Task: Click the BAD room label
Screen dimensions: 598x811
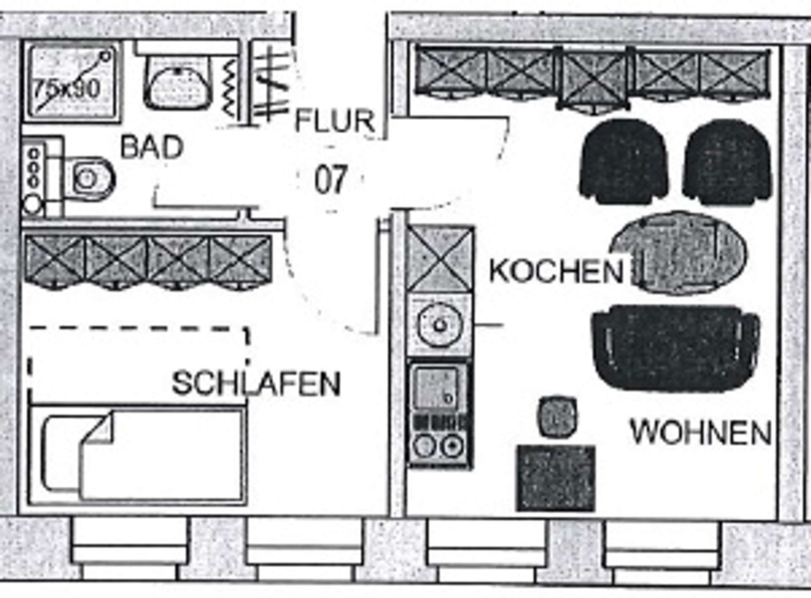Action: [x=152, y=147]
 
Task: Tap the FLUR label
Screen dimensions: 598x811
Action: [x=334, y=120]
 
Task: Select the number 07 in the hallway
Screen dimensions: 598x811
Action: [x=331, y=179]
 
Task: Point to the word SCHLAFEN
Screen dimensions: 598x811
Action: [x=257, y=384]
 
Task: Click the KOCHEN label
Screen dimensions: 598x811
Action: [x=556, y=270]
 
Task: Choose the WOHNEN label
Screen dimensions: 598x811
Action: [x=700, y=432]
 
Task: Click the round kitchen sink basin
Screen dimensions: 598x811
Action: [x=439, y=322]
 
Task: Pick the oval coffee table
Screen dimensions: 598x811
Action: [x=679, y=252]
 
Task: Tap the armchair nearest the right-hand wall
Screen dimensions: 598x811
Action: [x=727, y=162]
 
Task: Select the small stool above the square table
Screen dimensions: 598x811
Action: [x=557, y=415]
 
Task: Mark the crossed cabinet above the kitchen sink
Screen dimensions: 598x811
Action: [x=439, y=260]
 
